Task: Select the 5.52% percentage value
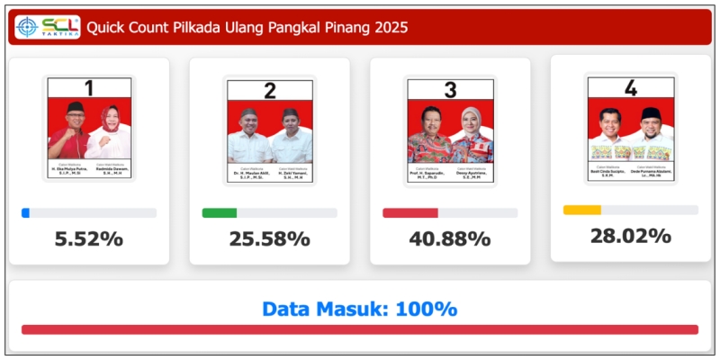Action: tap(88, 239)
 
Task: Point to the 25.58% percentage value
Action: tap(269, 239)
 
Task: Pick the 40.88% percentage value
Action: tap(450, 239)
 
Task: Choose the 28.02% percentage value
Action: tap(630, 236)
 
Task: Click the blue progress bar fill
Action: tap(25, 213)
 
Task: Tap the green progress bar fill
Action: tap(220, 213)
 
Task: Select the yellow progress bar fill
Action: tap(582, 210)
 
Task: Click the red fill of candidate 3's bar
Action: tap(410, 213)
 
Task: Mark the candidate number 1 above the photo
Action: tap(89, 88)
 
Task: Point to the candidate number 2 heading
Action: tap(270, 89)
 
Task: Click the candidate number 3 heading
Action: tap(450, 89)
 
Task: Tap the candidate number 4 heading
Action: tap(631, 87)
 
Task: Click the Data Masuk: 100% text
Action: tap(359, 309)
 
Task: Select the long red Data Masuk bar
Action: tap(359, 329)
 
